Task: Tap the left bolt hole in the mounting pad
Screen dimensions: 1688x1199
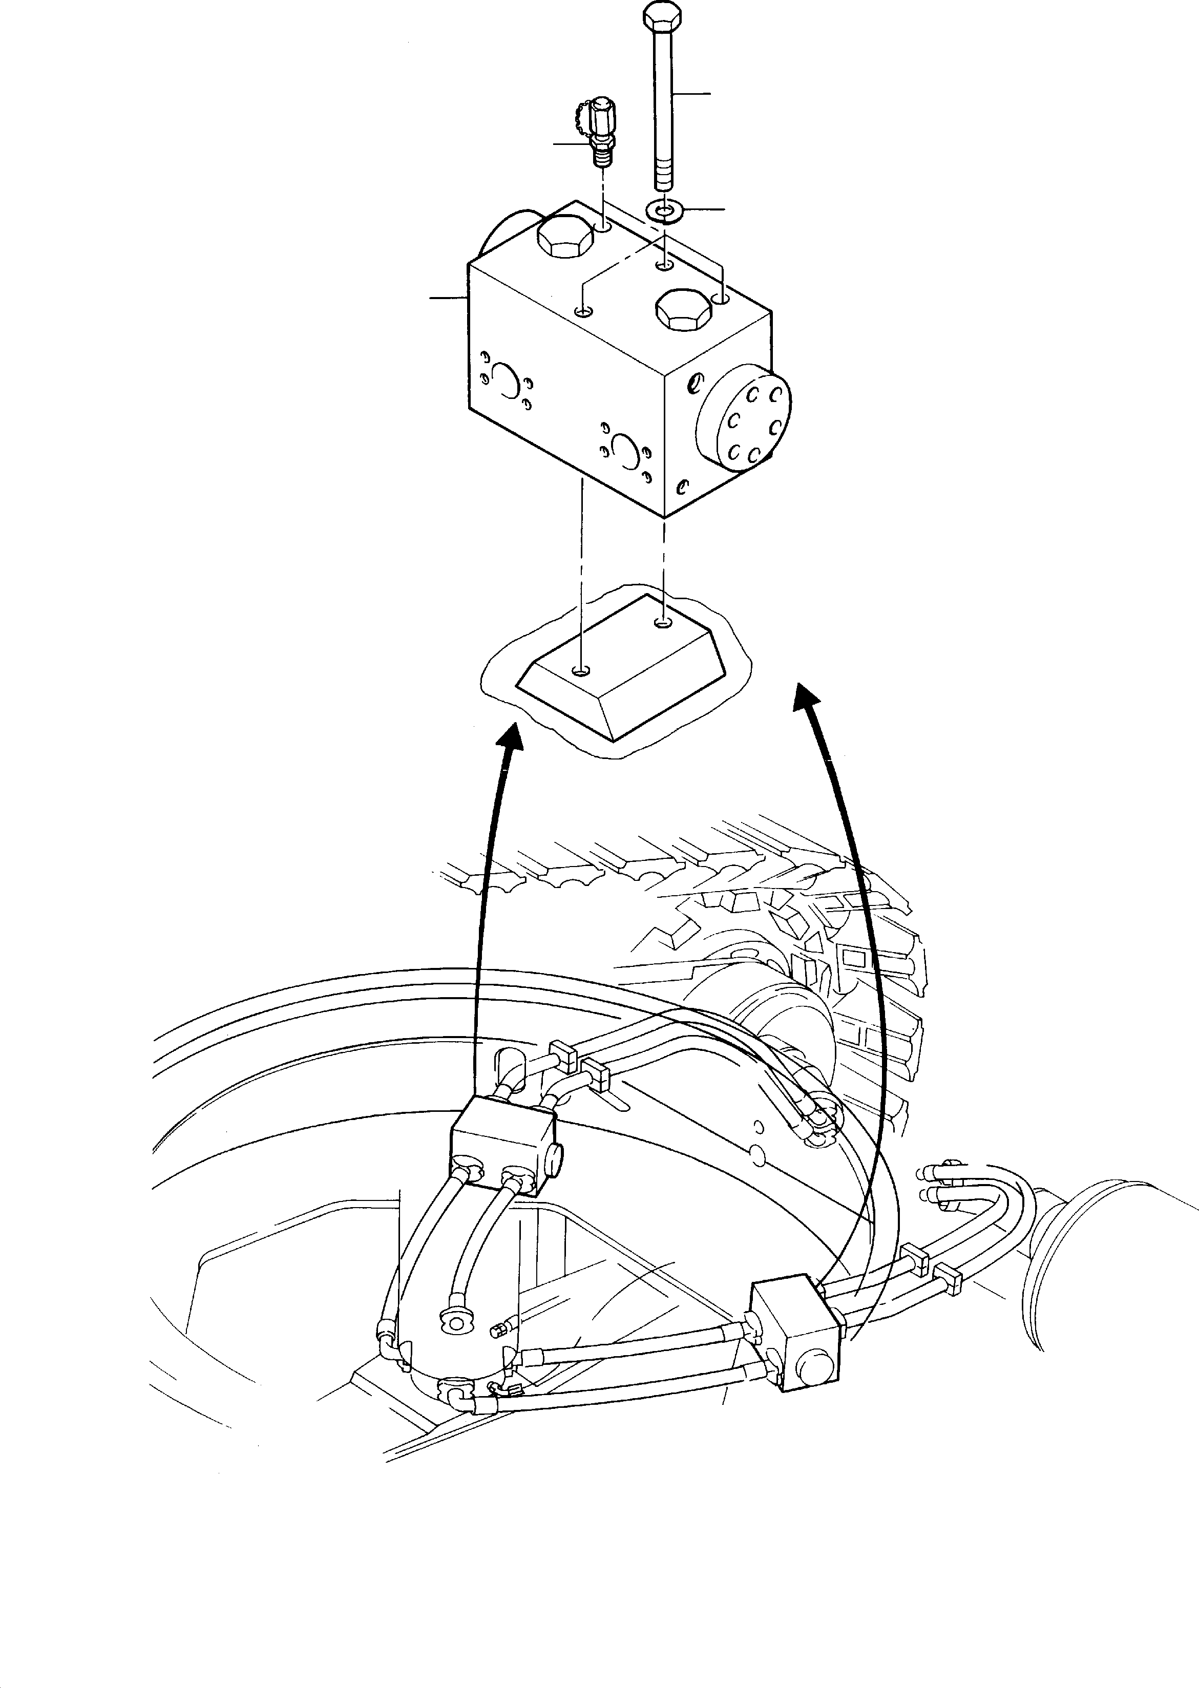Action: pos(582,671)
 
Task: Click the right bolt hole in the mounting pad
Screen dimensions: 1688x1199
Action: pos(664,624)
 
